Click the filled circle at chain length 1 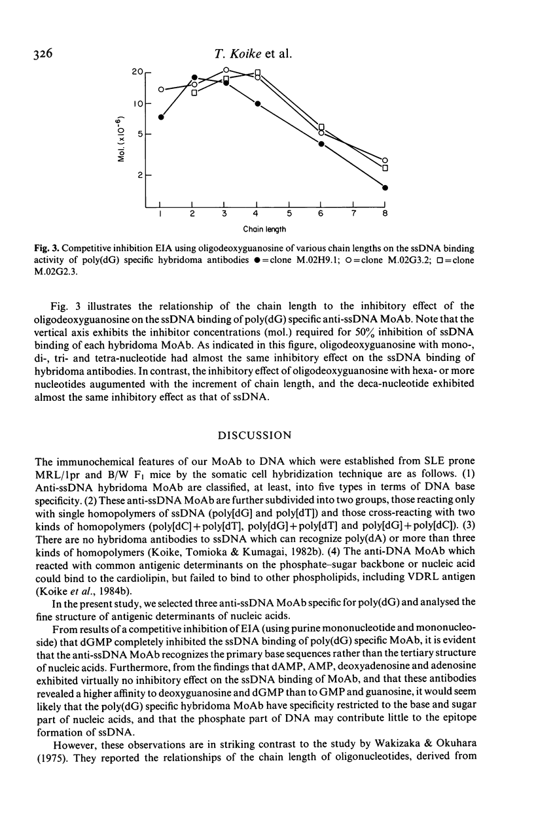click(161, 117)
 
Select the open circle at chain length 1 click(161, 90)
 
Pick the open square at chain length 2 click(194, 92)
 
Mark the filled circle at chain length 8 click(385, 188)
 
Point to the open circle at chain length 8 click(385, 160)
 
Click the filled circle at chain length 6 click(321, 144)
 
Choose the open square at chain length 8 click(385, 168)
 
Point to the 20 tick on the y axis click(148, 71)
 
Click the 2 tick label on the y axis click(139, 176)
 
